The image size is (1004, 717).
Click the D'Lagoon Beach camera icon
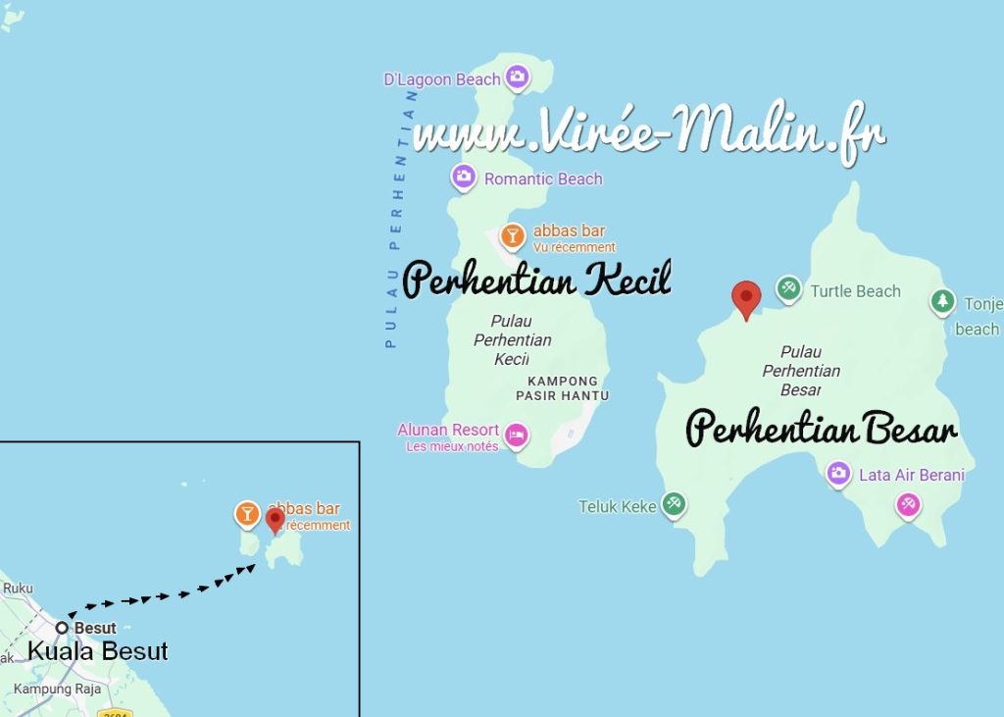517,77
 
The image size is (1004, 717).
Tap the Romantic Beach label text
543,179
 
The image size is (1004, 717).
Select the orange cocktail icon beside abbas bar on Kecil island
512,236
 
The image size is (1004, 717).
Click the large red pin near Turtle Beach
747,298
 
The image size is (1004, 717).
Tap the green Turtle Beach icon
788,289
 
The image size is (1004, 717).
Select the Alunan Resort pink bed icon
518,435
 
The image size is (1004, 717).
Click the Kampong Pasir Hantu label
562,388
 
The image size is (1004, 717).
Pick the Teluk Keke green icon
673,504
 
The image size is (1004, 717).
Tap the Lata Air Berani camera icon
838,475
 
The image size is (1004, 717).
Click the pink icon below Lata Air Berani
908,505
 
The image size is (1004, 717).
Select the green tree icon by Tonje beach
942,301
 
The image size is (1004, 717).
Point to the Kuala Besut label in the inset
97,651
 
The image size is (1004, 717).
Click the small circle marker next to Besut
62,628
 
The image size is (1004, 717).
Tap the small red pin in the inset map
276,520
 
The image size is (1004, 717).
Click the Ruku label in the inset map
18,589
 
